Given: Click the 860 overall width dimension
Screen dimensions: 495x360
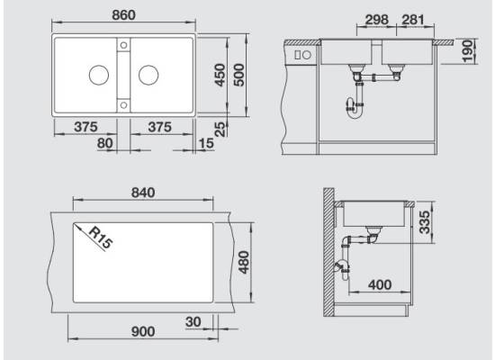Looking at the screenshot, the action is (124, 14).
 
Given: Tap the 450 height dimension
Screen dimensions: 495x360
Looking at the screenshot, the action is (220, 76).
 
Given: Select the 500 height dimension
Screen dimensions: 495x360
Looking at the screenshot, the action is (239, 76).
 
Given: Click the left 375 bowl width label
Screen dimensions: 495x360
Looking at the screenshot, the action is (85, 127).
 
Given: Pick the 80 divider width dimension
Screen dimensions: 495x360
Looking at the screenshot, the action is (104, 143).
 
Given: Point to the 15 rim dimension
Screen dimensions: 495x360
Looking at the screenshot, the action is (206, 143).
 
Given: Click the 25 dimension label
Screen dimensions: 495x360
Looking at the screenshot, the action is (220, 130).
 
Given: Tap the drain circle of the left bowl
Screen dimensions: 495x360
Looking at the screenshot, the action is (99, 76).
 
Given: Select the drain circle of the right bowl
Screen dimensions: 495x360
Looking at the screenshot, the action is (148, 76).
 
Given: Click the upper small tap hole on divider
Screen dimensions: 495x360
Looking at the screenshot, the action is (124, 45).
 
